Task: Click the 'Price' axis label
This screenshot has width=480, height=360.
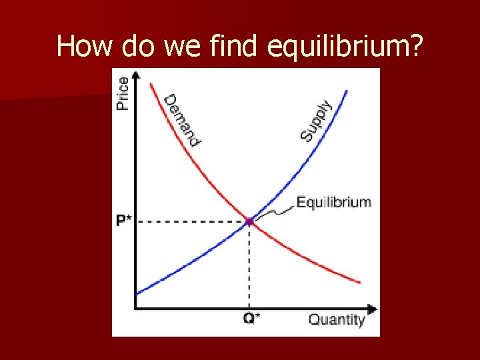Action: [123, 93]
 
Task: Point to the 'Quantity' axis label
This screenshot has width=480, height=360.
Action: [336, 319]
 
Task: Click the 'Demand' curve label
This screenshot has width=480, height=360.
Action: [182, 120]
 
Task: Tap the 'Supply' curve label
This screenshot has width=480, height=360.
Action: [315, 120]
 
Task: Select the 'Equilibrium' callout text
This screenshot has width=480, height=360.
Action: [333, 201]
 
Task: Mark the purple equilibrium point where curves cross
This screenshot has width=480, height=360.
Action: [249, 221]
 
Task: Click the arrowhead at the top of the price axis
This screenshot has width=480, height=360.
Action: [135, 75]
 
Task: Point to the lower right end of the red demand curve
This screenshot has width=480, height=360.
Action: [360, 283]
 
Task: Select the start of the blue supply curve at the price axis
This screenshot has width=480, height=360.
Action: [137, 293]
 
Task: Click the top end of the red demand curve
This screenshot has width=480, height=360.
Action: [151, 83]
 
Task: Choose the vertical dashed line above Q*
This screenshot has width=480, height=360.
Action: [249, 267]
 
